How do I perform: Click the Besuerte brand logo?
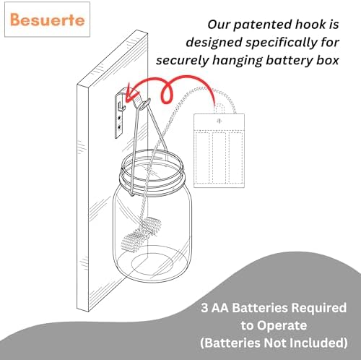point(48,20)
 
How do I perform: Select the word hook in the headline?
point(309,25)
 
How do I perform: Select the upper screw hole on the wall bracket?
point(119,119)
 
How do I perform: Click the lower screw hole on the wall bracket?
point(119,127)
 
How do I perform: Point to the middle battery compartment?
point(219,158)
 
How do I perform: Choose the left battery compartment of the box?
point(204,158)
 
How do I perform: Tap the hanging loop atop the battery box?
point(219,108)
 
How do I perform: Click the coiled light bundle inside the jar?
point(142,233)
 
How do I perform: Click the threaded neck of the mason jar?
point(152,175)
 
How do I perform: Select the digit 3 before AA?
point(204,308)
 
